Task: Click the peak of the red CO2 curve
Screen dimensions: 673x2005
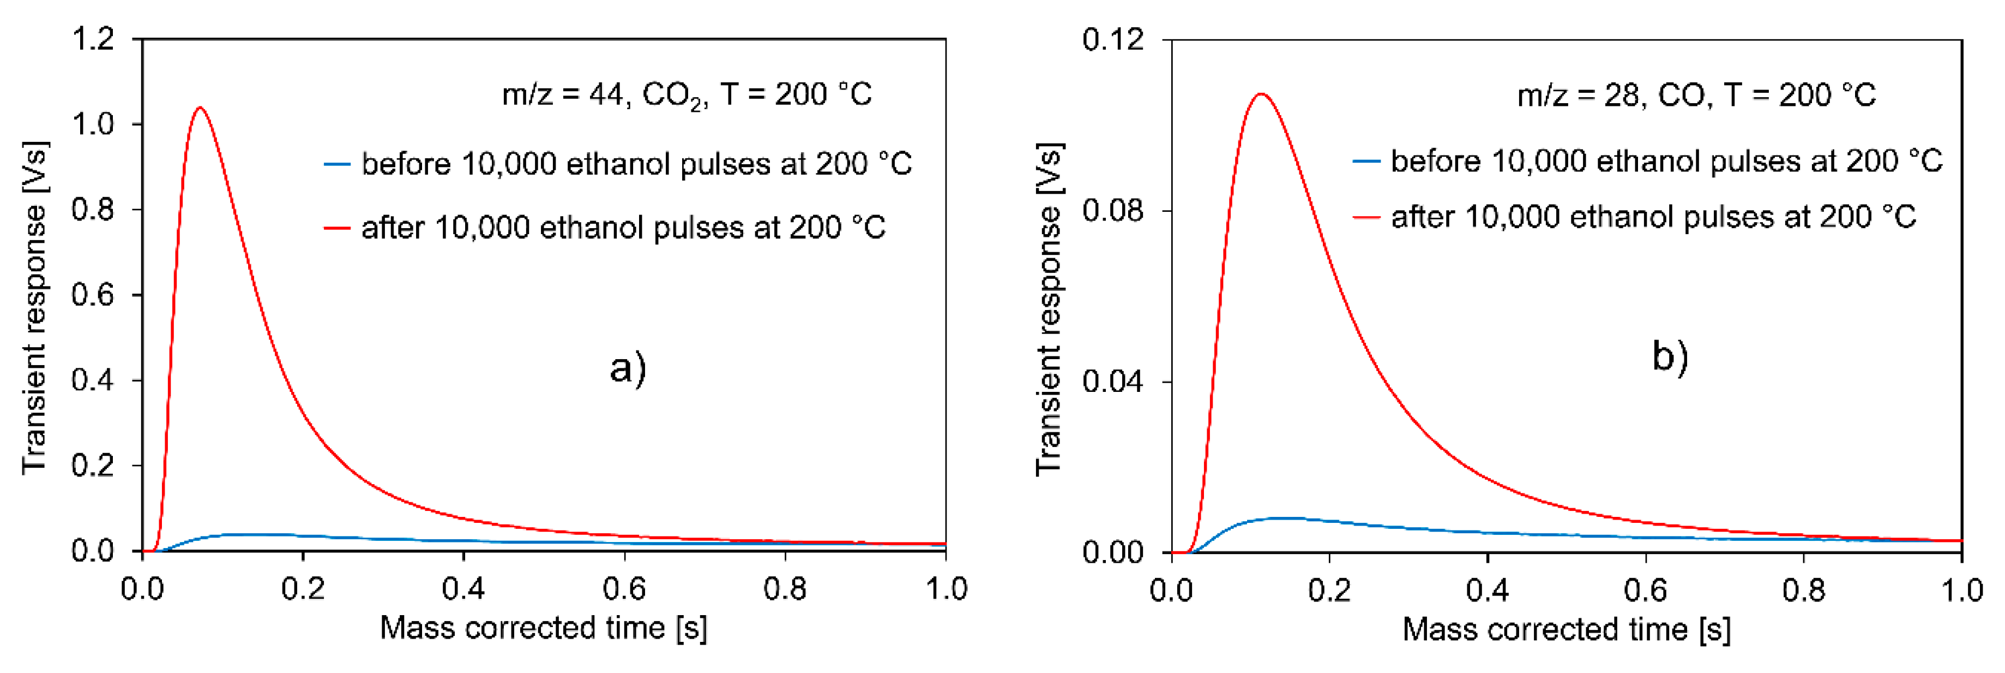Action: pos(201,108)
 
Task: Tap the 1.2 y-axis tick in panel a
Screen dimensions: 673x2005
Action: pos(93,38)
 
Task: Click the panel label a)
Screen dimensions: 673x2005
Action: pos(627,368)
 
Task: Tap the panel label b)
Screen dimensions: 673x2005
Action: pos(1670,357)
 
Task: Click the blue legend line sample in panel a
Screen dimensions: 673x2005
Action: pos(337,164)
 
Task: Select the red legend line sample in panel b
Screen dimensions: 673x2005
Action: pos(1366,217)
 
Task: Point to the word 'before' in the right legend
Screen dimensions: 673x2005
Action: pos(1435,161)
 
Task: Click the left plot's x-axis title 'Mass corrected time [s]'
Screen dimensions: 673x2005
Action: pos(543,628)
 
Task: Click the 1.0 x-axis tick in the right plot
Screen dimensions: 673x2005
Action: pos(1961,591)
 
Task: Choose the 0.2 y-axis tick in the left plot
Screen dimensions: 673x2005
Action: pos(93,466)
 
